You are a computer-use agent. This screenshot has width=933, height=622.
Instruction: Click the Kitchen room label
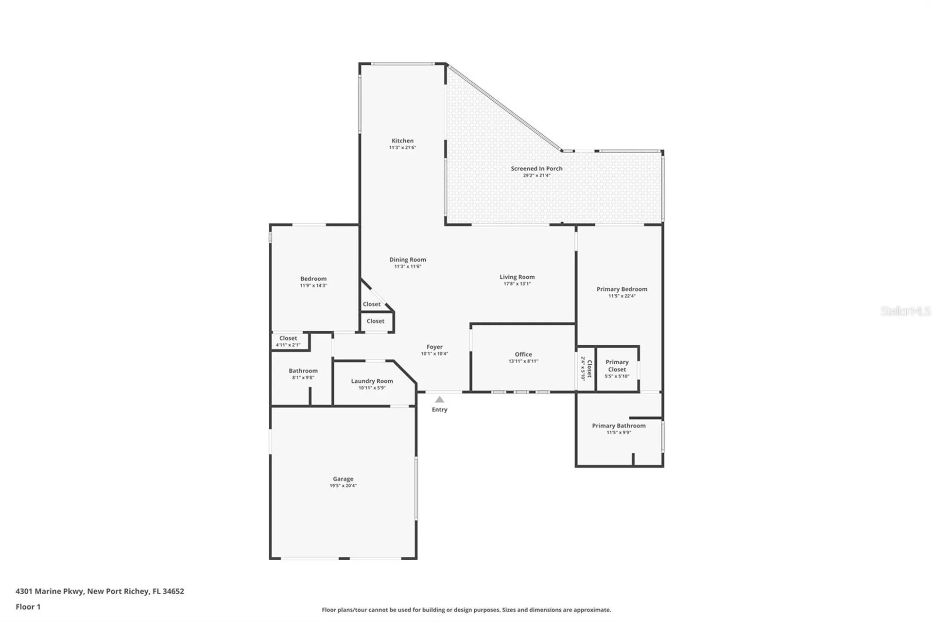tap(402, 141)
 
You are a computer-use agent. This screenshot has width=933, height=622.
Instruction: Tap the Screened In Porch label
tap(536, 168)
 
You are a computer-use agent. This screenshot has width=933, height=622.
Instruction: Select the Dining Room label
tap(407, 260)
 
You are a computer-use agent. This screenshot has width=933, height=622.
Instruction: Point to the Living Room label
tap(517, 277)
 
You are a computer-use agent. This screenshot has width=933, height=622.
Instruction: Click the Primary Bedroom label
tap(622, 289)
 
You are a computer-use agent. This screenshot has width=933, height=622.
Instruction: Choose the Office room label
tap(523, 354)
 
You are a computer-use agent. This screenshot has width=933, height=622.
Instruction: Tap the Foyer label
tap(434, 347)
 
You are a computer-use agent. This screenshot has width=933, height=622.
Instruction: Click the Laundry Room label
tap(372, 381)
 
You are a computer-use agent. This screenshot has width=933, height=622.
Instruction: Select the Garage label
tap(343, 479)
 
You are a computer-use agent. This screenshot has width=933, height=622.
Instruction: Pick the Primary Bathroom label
tap(619, 426)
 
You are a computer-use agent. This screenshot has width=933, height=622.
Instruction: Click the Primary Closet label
tap(617, 365)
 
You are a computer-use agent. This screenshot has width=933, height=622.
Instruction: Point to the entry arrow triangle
tap(439, 399)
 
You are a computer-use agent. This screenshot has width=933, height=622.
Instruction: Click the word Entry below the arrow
tap(439, 409)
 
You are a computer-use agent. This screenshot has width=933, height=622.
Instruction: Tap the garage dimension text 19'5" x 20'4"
tap(343, 485)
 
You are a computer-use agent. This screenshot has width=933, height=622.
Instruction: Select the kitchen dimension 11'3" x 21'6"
tap(402, 147)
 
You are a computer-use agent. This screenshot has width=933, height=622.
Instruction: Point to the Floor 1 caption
tap(28, 606)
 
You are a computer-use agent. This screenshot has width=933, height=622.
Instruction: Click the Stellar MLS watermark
tap(905, 311)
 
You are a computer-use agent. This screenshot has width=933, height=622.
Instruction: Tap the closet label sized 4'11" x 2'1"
tap(288, 341)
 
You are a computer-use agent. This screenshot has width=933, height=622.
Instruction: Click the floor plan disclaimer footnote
tap(466, 609)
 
